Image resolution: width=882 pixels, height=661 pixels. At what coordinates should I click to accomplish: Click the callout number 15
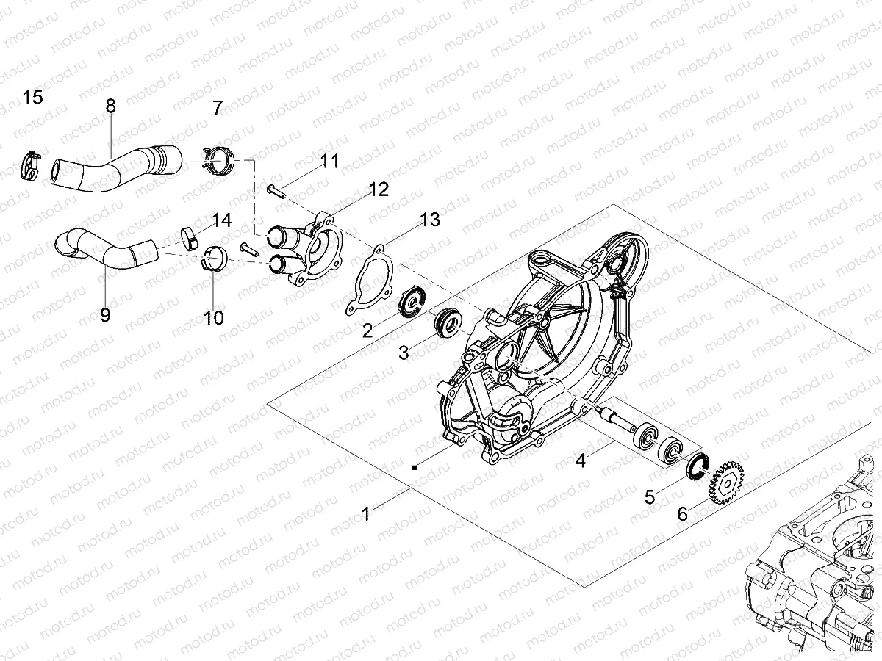(33, 97)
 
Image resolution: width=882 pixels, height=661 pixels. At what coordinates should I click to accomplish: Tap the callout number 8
(110, 106)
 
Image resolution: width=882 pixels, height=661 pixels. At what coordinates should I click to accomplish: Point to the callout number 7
(217, 109)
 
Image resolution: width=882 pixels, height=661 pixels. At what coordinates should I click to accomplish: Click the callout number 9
(105, 315)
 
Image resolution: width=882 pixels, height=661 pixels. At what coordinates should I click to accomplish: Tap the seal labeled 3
(446, 322)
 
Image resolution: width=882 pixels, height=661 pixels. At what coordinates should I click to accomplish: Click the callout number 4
(581, 461)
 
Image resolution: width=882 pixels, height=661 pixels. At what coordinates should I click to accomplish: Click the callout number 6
(682, 514)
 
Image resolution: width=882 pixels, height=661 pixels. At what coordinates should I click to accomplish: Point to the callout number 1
(366, 515)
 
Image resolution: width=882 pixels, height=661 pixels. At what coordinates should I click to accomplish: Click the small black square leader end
(415, 466)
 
